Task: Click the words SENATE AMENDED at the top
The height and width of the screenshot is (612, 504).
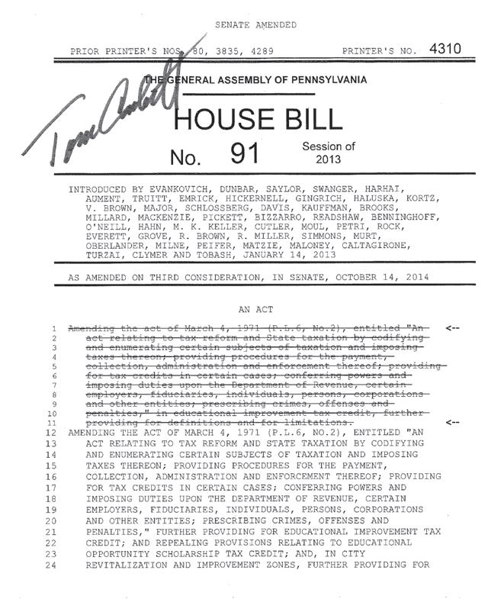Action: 255,25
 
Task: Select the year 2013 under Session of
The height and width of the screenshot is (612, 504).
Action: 329,159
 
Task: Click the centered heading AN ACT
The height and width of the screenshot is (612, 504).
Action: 255,311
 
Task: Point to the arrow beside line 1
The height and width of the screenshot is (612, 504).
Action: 452,328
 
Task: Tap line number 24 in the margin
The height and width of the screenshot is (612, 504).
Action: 53,565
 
